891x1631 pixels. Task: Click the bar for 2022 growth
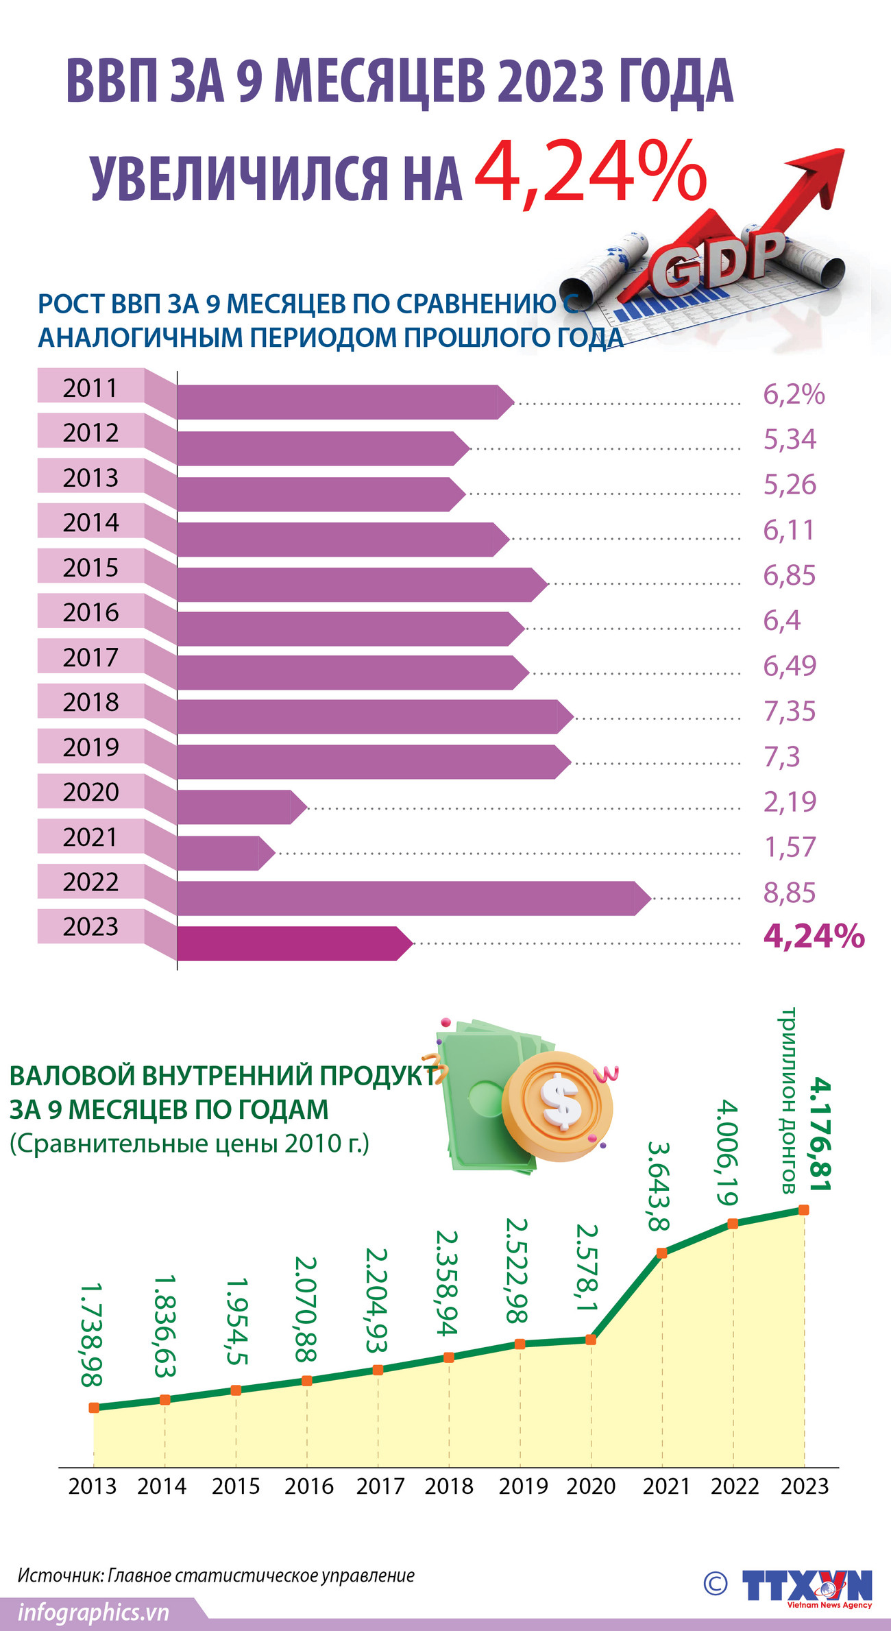[411, 898]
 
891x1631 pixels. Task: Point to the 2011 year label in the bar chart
[90, 388]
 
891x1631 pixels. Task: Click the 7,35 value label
[790, 712]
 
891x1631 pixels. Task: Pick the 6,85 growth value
[790, 576]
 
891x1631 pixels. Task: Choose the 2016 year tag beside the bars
[90, 612]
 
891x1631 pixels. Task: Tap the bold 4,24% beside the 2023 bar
[814, 937]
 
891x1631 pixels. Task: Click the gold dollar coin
[558, 1106]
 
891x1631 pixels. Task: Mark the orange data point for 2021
[662, 1253]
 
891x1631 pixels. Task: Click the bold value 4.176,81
[820, 1134]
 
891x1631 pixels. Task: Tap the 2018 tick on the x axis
[449, 1486]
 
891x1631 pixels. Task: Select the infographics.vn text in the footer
[94, 1612]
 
